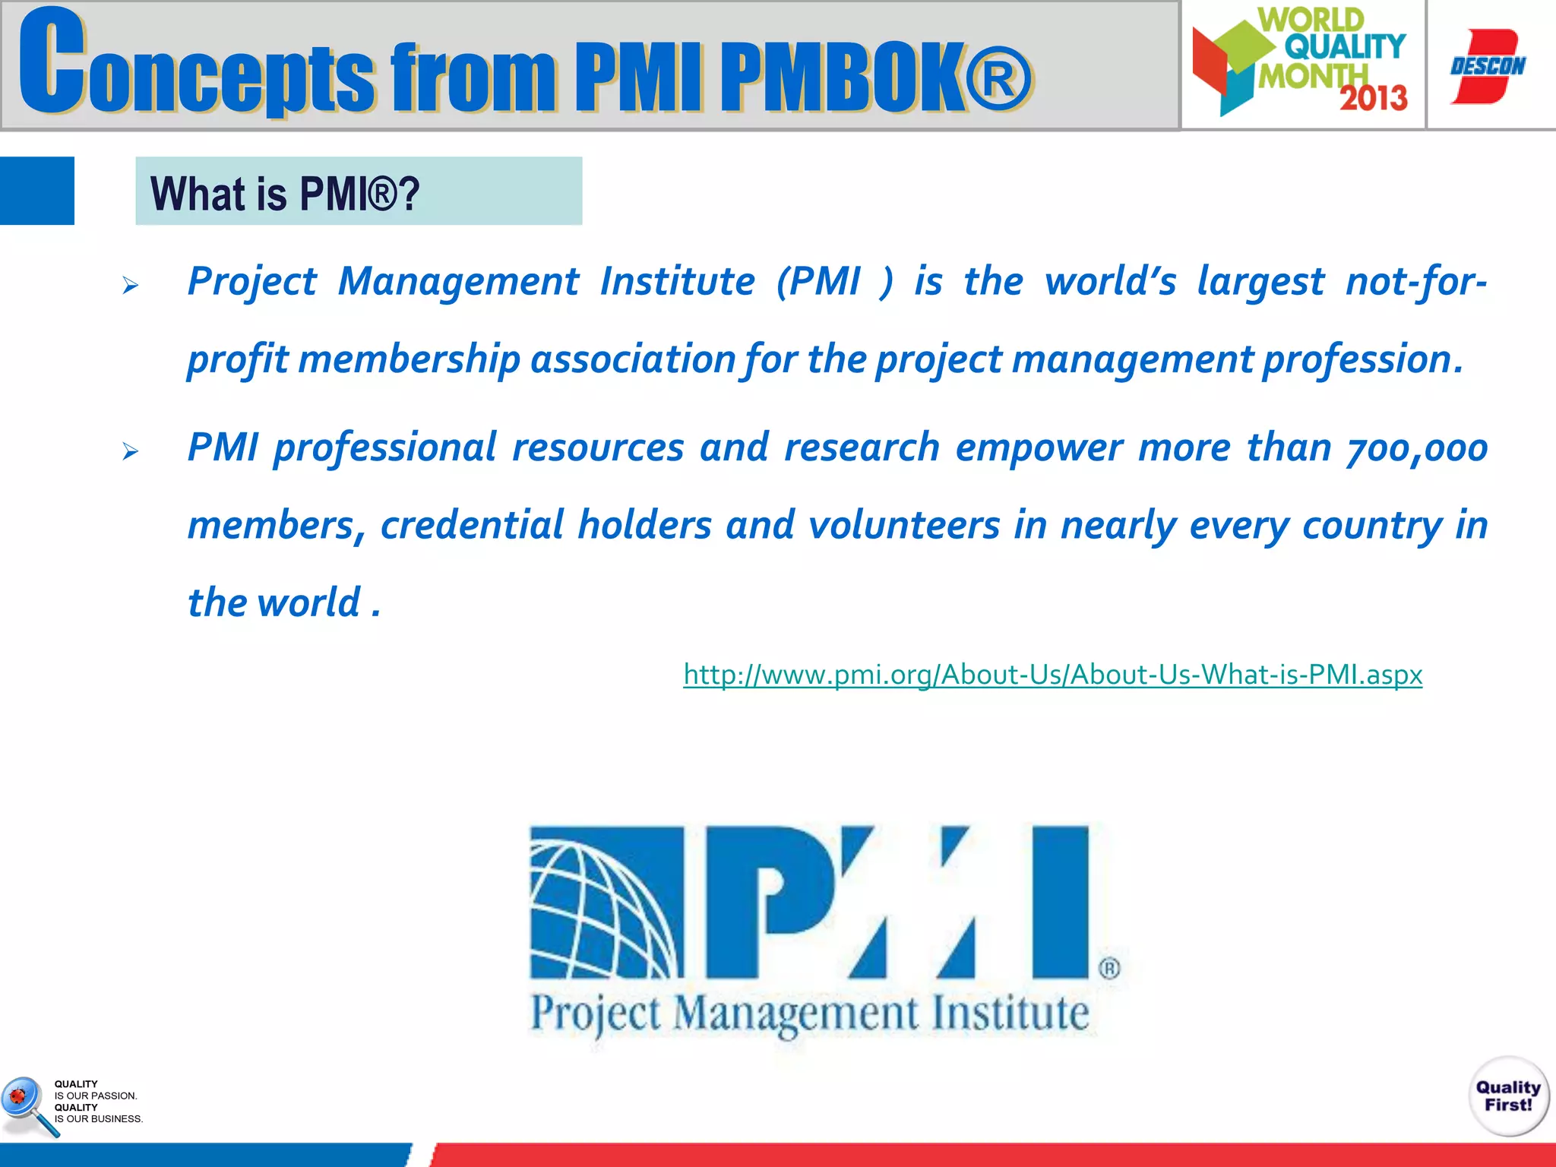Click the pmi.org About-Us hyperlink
point(1052,675)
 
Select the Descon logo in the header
point(1487,66)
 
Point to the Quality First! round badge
point(1508,1096)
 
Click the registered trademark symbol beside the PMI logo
point(1109,969)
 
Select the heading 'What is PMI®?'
point(285,193)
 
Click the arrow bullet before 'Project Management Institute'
point(131,286)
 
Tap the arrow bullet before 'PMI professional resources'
point(131,452)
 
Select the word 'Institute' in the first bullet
point(677,282)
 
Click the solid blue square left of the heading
point(36,191)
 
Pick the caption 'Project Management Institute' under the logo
point(810,1014)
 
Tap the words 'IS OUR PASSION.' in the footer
point(96,1096)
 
